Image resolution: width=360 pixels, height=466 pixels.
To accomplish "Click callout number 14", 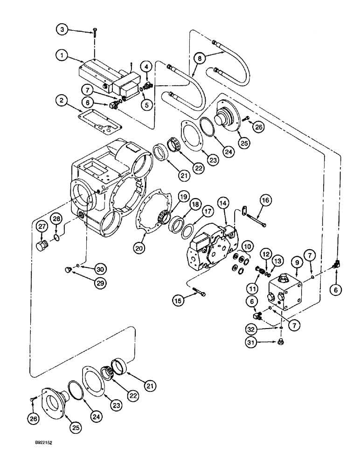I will (223, 203).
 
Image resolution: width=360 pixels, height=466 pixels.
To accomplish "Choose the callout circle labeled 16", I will (265, 201).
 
